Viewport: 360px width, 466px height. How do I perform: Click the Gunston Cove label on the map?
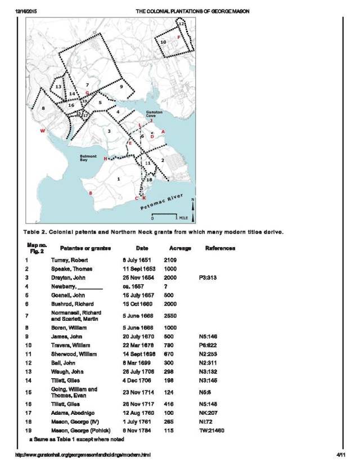154,114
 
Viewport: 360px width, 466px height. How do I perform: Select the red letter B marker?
91,193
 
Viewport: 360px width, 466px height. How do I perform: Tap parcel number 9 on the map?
120,87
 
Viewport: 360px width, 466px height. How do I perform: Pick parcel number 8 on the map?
43,107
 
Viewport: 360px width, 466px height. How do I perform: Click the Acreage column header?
180,248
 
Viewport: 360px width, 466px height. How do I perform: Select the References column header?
220,248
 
